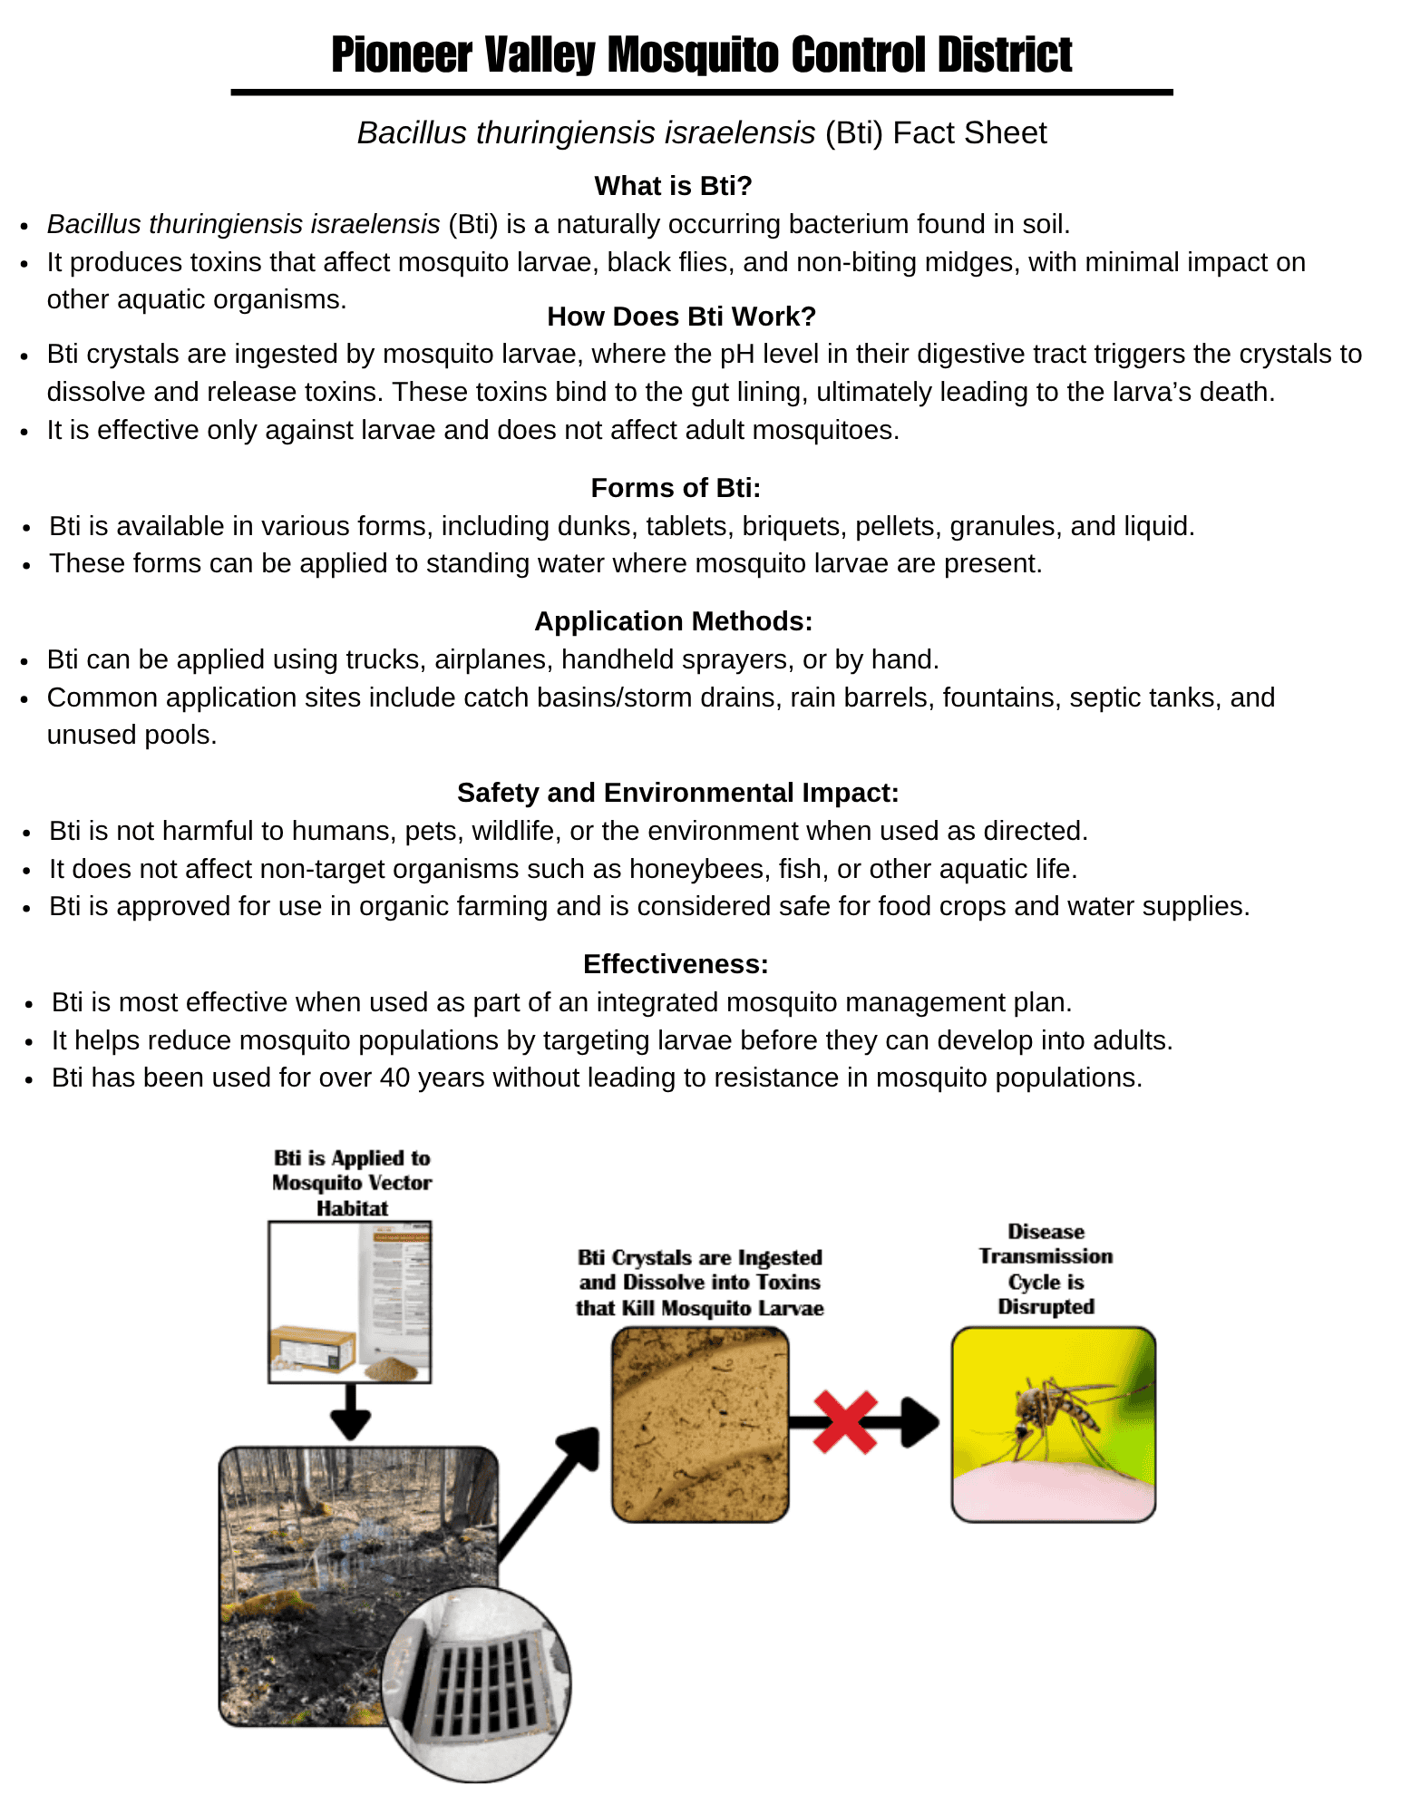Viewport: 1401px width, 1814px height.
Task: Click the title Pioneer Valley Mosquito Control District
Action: tap(701, 54)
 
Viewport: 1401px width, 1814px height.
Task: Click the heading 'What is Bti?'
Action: tap(673, 186)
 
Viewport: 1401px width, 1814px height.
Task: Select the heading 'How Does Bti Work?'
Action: tap(681, 317)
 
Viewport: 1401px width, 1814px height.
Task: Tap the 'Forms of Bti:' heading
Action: tap(676, 488)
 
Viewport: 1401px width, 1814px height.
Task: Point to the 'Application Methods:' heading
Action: tap(673, 621)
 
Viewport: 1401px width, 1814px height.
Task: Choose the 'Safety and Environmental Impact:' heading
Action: tap(677, 793)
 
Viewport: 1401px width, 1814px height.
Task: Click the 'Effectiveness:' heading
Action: tap(676, 964)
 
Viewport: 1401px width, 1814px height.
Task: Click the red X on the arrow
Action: tap(845, 1422)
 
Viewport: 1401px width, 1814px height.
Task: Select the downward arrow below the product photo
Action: tap(350, 1412)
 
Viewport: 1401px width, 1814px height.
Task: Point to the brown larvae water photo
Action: tap(700, 1424)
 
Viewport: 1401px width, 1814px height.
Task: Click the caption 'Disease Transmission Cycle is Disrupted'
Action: tap(1046, 1269)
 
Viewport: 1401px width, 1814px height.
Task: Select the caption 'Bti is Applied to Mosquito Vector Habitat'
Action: tap(352, 1183)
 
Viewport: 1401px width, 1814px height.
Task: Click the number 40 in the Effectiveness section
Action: tap(395, 1078)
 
